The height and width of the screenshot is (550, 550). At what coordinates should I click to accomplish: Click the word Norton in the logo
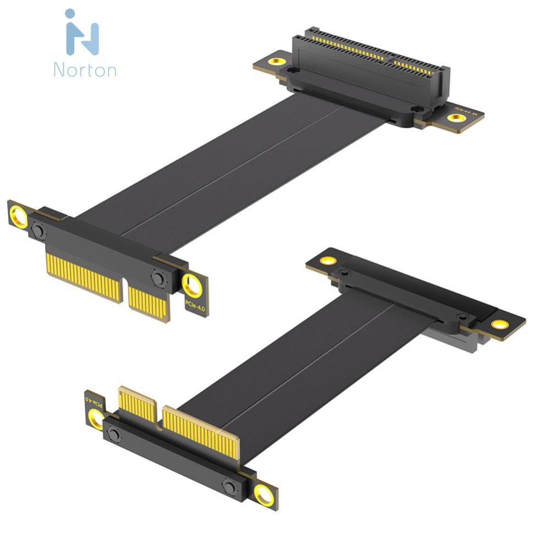point(85,70)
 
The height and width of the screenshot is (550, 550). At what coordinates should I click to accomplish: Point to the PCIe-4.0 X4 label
point(469,110)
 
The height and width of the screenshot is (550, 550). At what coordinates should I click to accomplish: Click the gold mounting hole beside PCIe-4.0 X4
point(456,118)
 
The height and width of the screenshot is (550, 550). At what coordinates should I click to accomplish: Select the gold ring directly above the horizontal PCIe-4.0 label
point(193,285)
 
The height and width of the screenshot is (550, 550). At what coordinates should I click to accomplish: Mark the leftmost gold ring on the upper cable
point(19,217)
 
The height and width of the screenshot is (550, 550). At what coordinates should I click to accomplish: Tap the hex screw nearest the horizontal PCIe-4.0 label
point(158,278)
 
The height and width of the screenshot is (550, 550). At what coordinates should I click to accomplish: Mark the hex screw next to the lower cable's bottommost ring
point(229,486)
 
